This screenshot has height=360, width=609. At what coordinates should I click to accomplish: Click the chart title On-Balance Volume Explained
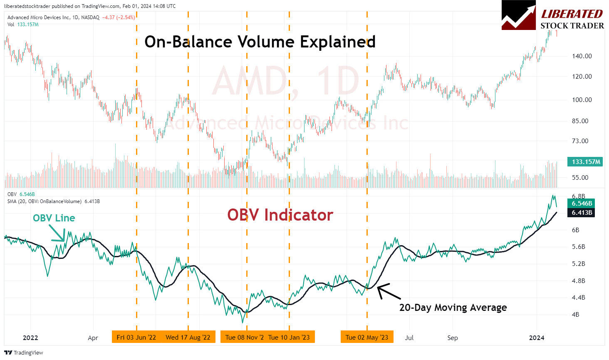coord(260,42)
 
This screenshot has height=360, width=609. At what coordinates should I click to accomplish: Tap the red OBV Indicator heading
coord(280,215)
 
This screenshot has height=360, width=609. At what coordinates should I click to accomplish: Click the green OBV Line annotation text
coord(54,218)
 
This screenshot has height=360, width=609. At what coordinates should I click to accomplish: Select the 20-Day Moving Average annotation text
coord(453,308)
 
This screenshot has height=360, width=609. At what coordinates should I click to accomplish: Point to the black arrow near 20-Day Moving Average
coord(389,291)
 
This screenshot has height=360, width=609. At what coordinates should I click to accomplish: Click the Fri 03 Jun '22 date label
coord(136,337)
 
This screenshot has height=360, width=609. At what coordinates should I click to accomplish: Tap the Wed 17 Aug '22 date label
coord(188,337)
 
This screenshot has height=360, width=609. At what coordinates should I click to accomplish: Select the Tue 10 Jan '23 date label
coord(289,337)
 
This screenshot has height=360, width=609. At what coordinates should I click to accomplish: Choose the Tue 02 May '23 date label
coord(366,337)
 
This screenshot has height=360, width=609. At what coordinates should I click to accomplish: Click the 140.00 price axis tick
coord(582,56)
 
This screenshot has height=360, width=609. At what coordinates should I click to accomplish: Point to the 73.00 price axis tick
coord(580,141)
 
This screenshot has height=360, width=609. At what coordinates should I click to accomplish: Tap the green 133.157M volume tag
coord(586,162)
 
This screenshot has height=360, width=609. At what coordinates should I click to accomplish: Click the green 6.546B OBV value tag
coord(582,204)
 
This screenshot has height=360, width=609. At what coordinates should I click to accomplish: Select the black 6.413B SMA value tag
coord(582,213)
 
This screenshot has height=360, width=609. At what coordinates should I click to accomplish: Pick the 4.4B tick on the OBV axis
coord(578,298)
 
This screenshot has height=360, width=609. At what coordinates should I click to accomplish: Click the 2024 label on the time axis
coord(536,338)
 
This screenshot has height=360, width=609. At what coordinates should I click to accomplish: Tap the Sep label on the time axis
coord(453,338)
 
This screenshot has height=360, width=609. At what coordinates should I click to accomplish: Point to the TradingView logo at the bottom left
coord(8,353)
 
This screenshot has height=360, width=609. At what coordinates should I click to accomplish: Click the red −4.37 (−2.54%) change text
coord(119,17)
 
